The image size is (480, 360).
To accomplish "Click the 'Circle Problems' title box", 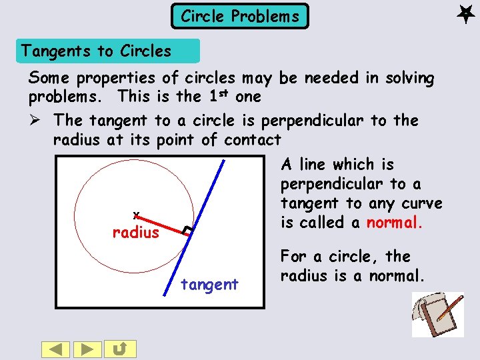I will [x=240, y=16].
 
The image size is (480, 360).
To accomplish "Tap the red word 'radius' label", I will [x=136, y=233].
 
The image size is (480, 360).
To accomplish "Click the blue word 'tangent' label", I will [x=209, y=285].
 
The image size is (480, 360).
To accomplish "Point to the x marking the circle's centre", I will [x=135, y=214].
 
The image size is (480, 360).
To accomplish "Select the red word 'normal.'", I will [x=395, y=223].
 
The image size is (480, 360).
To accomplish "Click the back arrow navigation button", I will [x=56, y=349].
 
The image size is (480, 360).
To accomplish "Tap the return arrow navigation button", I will [x=123, y=349].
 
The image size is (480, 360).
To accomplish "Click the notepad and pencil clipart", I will [x=437, y=314].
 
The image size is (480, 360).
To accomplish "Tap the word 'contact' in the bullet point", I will [x=253, y=140].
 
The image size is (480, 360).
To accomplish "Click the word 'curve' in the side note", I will [x=421, y=203].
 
